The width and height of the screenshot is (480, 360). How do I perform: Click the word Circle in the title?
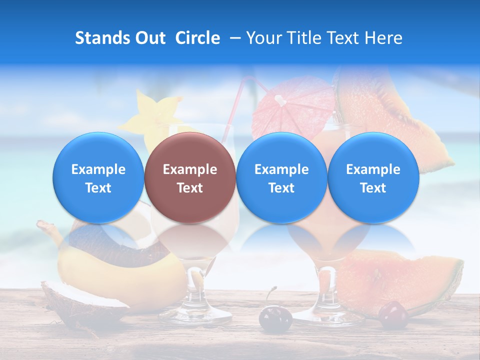click(x=197, y=38)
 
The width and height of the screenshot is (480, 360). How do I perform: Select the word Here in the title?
click(x=384, y=38)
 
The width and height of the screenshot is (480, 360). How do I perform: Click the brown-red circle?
click(x=190, y=177)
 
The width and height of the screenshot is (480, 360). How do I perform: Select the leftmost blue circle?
click(x=98, y=177)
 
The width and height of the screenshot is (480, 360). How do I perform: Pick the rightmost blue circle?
click(x=373, y=177)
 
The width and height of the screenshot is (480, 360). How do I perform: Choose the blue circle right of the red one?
click(x=281, y=177)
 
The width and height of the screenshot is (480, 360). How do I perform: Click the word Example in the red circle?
click(x=190, y=169)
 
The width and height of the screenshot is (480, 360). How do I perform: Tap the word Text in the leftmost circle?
click(x=98, y=188)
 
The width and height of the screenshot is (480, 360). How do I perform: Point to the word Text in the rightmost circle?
click(x=373, y=188)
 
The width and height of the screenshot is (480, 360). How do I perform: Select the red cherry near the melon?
click(x=393, y=315)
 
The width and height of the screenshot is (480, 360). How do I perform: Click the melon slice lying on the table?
click(x=400, y=280)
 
